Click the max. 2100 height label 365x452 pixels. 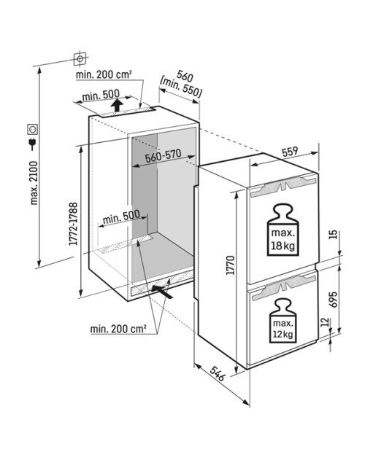point(34,183)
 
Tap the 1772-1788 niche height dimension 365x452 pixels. point(73,224)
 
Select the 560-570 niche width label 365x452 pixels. point(163,156)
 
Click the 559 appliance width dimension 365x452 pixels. point(290,152)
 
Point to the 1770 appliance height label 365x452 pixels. point(230,265)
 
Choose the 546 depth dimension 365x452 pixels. point(217,373)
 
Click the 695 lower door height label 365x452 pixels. point(333,300)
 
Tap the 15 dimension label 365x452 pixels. point(333,235)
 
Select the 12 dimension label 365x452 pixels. point(325,322)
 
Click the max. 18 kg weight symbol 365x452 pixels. point(283,230)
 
